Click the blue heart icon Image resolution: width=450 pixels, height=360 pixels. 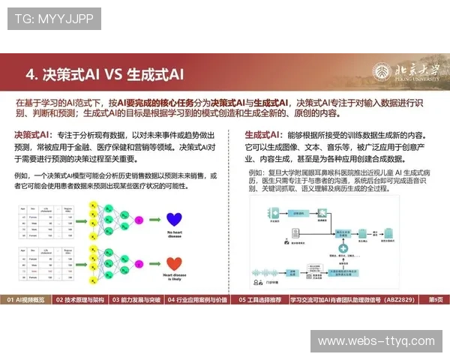click(174, 219)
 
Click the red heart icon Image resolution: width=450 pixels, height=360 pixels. click(174, 265)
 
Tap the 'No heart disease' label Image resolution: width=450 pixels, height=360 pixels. click(174, 236)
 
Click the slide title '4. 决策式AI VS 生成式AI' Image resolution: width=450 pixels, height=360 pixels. click(104, 75)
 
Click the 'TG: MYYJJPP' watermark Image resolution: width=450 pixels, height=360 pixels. click(53, 18)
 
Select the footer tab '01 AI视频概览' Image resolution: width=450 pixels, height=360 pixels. click(26, 300)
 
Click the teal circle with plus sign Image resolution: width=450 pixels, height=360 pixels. click(343, 248)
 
